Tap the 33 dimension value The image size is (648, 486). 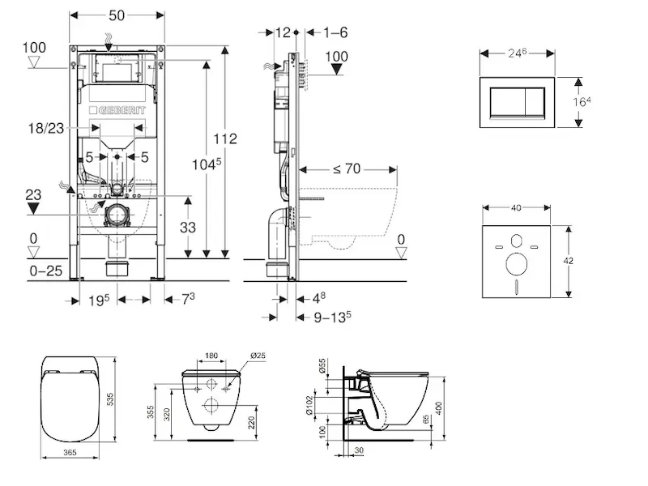coord(187,228)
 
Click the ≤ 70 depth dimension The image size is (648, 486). coord(347,170)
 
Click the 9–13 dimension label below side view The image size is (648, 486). coord(332,317)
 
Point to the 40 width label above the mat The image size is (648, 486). coord(516,207)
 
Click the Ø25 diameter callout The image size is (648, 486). coord(258,355)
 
